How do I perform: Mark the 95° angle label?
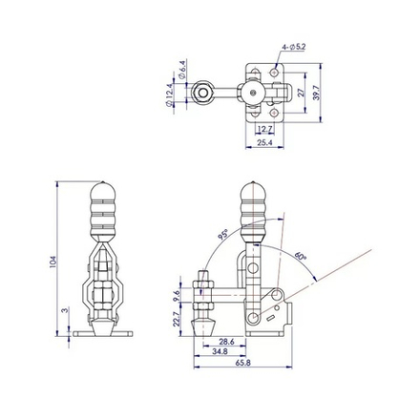pos(222,233)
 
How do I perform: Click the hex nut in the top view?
pos(202,93)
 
